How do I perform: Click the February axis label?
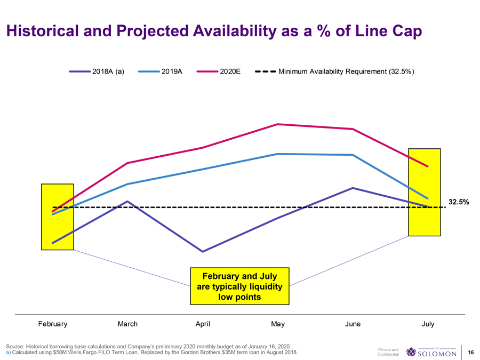pyautogui.click(x=53, y=324)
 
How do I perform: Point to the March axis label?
pyautogui.click(x=127, y=324)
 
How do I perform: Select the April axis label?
pyautogui.click(x=203, y=324)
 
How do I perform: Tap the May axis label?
pyautogui.click(x=278, y=324)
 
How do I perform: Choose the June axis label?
pyautogui.click(x=353, y=324)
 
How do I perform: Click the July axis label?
pyautogui.click(x=428, y=324)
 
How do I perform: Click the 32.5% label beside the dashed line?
pyautogui.click(x=459, y=202)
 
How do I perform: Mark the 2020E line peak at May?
pyautogui.click(x=278, y=124)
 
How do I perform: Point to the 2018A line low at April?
pyautogui.click(x=203, y=251)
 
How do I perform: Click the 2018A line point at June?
pyautogui.click(x=353, y=188)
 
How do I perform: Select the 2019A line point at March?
pyautogui.click(x=127, y=184)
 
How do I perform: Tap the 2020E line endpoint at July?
pyautogui.click(x=428, y=166)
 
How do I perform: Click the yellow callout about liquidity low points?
pyautogui.click(x=239, y=286)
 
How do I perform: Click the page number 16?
pyautogui.click(x=470, y=353)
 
